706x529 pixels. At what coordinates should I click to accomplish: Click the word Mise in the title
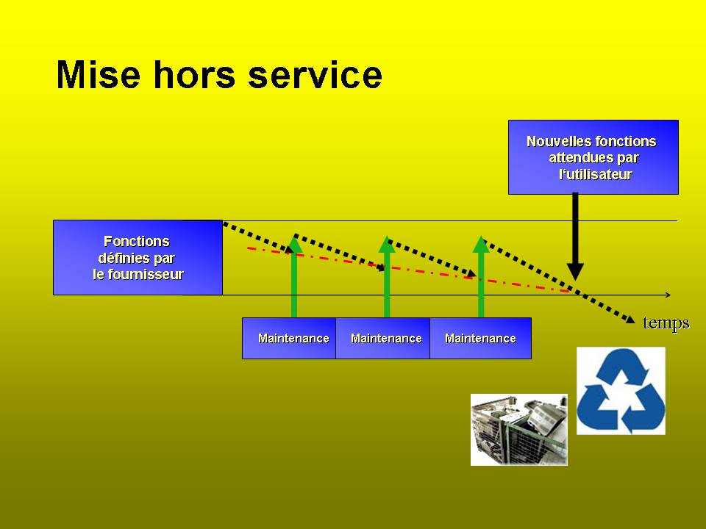pyautogui.click(x=99, y=74)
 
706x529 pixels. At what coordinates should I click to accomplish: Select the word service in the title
pyautogui.click(x=315, y=74)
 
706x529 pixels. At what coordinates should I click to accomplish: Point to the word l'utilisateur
pyautogui.click(x=595, y=174)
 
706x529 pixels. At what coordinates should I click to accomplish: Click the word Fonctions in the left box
pyautogui.click(x=137, y=241)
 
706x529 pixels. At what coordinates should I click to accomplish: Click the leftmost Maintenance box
pyautogui.click(x=289, y=338)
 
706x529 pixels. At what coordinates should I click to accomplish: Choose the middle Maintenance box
pyautogui.click(x=382, y=338)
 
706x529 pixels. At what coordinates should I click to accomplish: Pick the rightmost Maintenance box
pyautogui.click(x=480, y=338)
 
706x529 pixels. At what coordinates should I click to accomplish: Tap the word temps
pyautogui.click(x=666, y=323)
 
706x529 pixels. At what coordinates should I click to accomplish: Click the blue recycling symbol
pyautogui.click(x=621, y=390)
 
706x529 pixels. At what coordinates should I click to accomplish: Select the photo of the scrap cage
pyautogui.click(x=518, y=430)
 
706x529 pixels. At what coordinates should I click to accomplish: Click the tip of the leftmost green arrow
pyautogui.click(x=294, y=236)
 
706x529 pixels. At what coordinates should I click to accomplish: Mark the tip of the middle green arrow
pyautogui.click(x=387, y=236)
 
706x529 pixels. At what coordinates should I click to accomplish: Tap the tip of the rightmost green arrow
pyautogui.click(x=481, y=236)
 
